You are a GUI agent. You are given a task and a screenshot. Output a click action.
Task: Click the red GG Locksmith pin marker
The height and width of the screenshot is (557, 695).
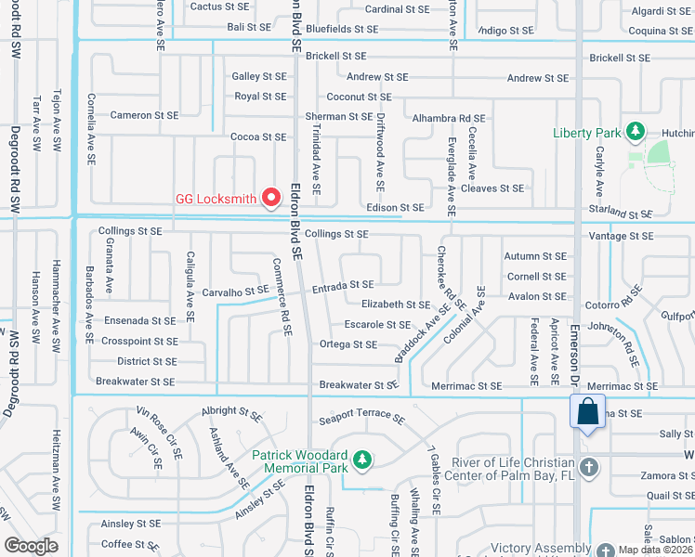click(271, 198)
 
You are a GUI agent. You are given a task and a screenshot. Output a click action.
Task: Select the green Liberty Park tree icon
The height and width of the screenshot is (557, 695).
click(636, 132)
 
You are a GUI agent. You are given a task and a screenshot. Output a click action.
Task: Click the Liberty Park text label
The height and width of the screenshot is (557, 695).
click(585, 133)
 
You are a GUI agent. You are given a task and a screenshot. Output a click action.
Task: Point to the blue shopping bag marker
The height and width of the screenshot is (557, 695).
click(587, 411)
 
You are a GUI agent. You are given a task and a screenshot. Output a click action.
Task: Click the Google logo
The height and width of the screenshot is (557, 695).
click(31, 546)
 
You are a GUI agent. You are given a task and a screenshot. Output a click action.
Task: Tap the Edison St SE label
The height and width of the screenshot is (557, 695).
click(395, 208)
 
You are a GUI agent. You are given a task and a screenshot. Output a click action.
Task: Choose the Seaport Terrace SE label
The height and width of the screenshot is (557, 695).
click(361, 419)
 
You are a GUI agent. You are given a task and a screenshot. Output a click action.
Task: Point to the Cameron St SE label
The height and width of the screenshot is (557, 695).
click(143, 116)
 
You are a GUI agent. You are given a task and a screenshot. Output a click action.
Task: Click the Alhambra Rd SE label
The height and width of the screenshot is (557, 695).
click(449, 119)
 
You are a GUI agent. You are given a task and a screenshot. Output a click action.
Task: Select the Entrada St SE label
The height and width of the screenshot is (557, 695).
click(343, 285)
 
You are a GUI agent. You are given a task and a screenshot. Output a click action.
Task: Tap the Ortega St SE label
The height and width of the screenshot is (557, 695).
click(347, 344)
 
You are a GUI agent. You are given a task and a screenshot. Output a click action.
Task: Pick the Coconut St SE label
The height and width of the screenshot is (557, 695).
click(359, 97)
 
